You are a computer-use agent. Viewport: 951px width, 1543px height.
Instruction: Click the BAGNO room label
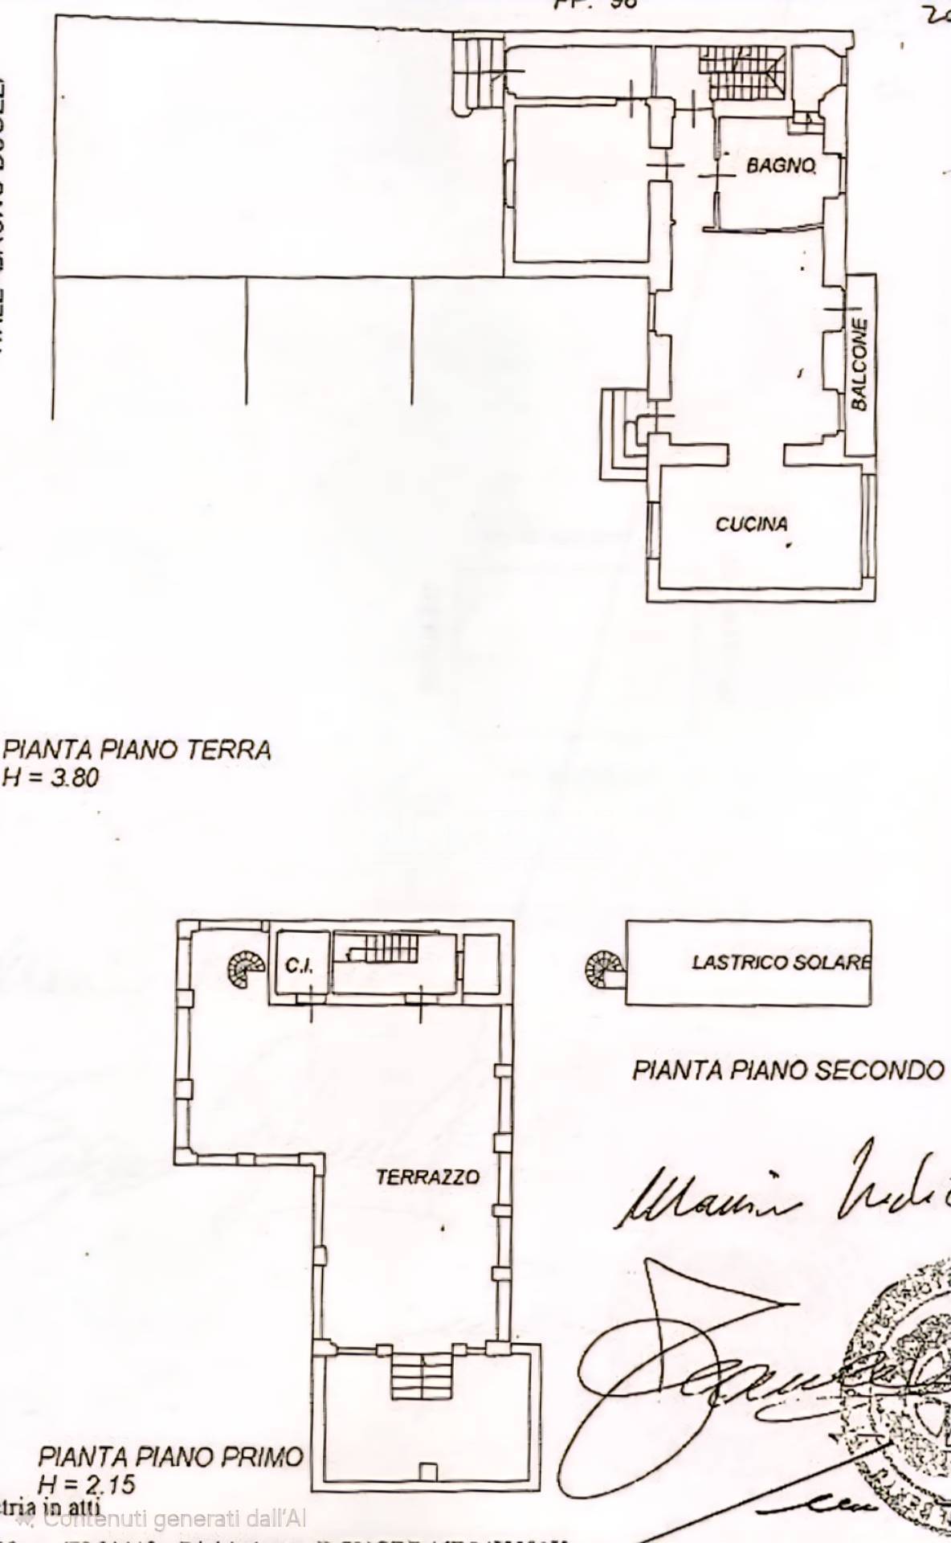pos(781,166)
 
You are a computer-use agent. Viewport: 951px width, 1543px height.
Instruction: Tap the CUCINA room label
pos(751,525)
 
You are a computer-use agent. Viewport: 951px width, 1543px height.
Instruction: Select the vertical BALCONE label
pos(859,364)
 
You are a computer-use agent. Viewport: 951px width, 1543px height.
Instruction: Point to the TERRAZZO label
pos(427,1177)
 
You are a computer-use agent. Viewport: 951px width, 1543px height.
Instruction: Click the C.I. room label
pos(299,965)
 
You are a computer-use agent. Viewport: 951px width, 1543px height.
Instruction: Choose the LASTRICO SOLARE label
pos(781,962)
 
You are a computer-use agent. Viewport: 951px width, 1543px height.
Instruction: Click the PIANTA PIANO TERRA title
pos(137,750)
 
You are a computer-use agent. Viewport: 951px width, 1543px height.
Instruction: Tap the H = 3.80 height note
pos(51,777)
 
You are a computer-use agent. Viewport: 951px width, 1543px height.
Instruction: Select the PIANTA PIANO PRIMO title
pos(171,1457)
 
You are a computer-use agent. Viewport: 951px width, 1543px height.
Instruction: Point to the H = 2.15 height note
pos(86,1484)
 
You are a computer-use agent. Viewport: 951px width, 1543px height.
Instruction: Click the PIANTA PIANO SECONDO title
pos(787,1070)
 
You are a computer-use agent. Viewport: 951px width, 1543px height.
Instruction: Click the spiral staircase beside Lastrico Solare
pos(604,969)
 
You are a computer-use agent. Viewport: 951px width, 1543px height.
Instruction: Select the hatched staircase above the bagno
pos(741,72)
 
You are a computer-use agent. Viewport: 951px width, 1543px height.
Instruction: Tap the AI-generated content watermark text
pos(173,1518)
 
